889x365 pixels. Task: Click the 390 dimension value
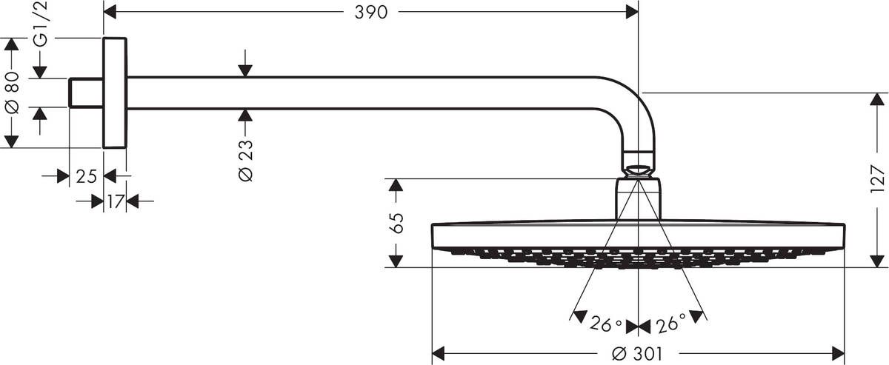point(370,13)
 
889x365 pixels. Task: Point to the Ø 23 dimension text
point(246,161)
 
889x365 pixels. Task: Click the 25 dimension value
point(87,177)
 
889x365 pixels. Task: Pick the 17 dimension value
point(114,201)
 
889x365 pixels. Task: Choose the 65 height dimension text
point(396,222)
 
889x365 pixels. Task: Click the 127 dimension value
point(878,180)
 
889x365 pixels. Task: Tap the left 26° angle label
point(605,324)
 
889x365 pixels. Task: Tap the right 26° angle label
point(670,324)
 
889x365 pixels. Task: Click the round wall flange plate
point(115,93)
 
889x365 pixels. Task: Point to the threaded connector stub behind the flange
point(85,93)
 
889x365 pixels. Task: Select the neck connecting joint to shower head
point(638,198)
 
